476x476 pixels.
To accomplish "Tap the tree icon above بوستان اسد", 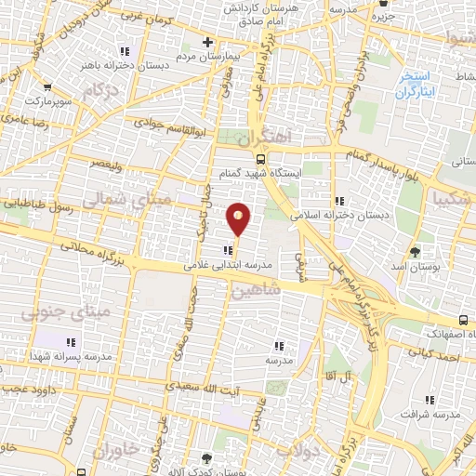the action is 415,250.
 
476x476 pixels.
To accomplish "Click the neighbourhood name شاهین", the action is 258,292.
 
